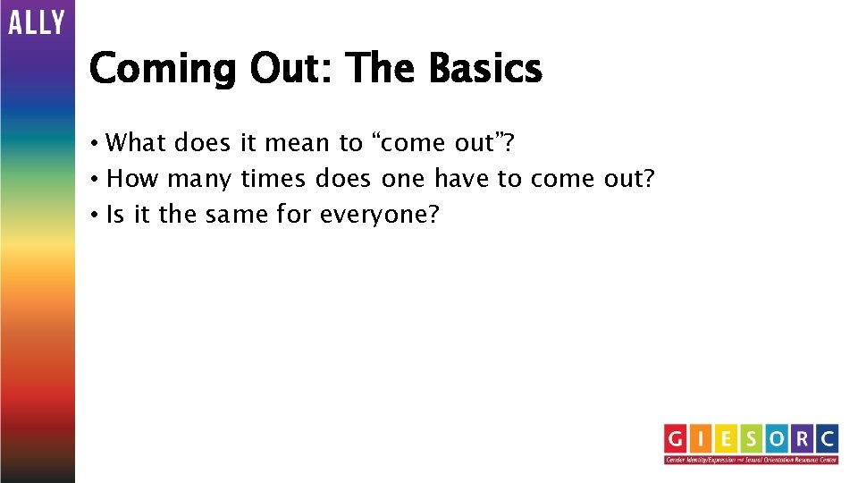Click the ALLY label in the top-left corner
37,21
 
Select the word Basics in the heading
484,68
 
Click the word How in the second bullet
132,179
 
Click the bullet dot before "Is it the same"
94,216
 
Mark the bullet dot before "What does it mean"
94,143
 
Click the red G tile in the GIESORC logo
677,439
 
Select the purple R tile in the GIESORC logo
802,439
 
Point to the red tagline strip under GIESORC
751,460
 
